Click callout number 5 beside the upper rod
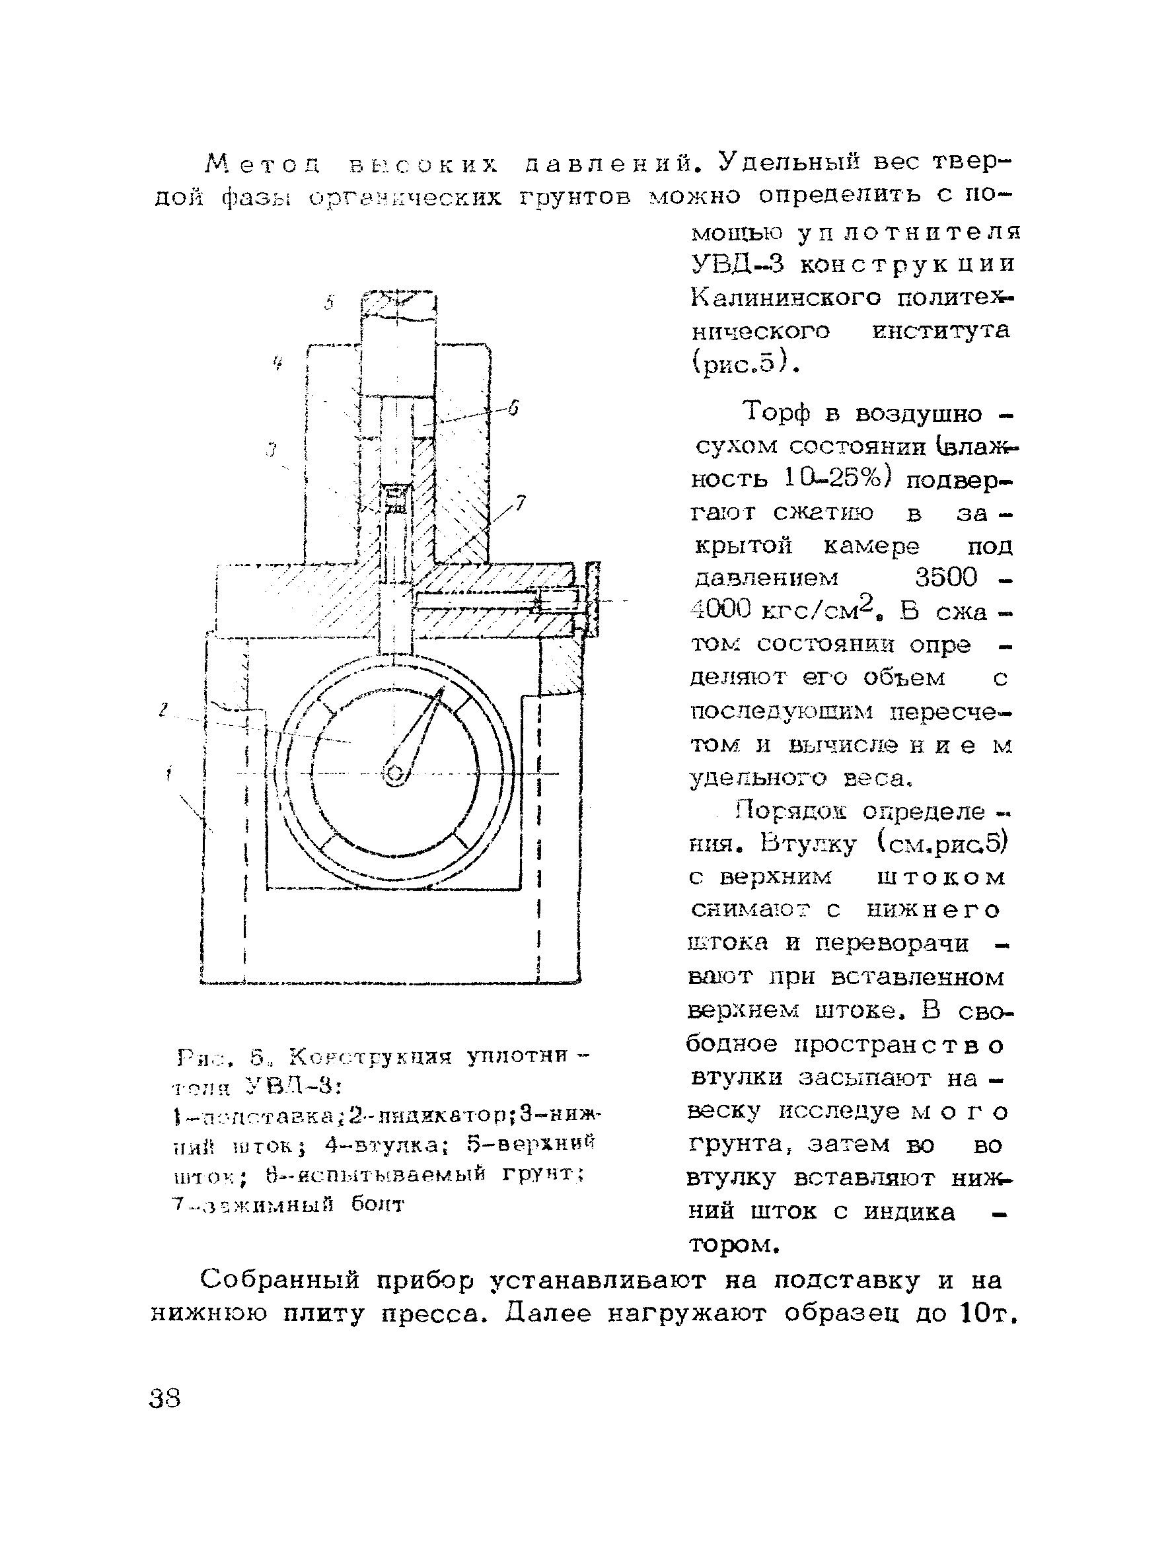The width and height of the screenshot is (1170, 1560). click(x=328, y=303)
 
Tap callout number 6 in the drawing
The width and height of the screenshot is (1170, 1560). click(x=513, y=408)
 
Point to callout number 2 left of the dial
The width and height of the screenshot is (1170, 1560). click(x=164, y=710)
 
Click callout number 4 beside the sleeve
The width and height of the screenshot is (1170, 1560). click(x=278, y=364)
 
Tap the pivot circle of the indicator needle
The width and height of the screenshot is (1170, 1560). click(x=394, y=774)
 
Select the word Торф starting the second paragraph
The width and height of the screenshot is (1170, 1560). click(x=776, y=413)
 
